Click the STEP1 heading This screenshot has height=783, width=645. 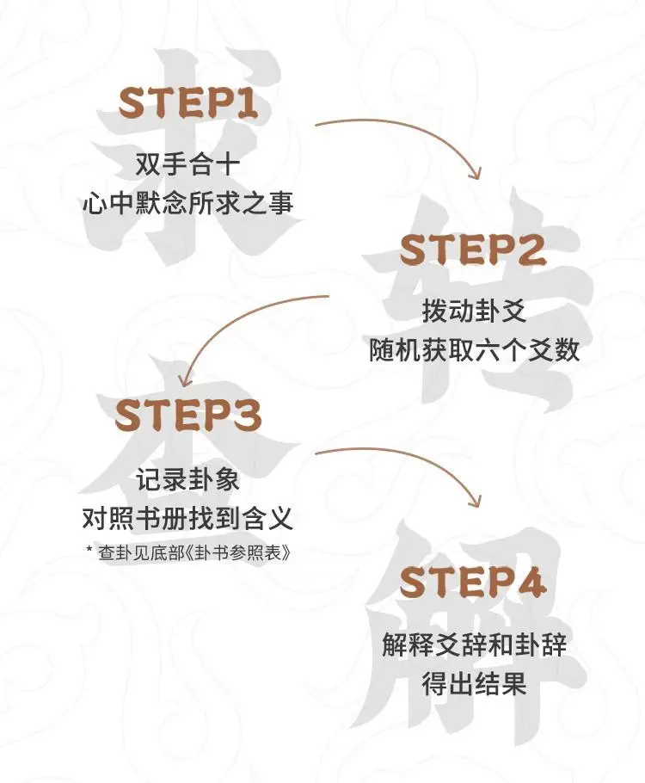click(187, 103)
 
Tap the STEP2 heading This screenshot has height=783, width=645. click(472, 250)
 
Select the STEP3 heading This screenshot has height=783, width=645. click(187, 416)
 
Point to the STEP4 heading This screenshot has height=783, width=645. click(473, 583)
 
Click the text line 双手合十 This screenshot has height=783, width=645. click(187, 163)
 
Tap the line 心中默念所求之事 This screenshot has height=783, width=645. click(187, 203)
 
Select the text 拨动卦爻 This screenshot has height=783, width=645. click(472, 311)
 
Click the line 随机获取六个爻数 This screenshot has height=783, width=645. click(472, 350)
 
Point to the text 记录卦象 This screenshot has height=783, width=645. click(187, 478)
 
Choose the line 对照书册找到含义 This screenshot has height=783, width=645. click(187, 518)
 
